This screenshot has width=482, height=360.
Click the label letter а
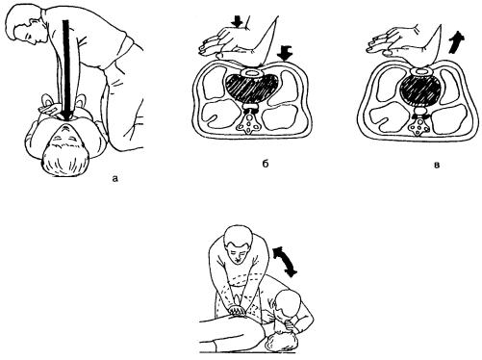click(115, 178)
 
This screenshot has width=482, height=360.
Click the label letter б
click(265, 164)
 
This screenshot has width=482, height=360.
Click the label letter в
click(436, 166)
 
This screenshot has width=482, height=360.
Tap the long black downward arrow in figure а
click(66, 70)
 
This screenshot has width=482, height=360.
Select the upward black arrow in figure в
click(456, 43)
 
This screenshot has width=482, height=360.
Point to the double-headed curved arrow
click(285, 261)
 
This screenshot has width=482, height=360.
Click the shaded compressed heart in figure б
click(251, 89)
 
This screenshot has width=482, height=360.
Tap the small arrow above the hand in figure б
click(238, 22)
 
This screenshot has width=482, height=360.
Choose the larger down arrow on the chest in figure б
click(285, 53)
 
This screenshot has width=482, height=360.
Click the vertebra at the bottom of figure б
click(249, 123)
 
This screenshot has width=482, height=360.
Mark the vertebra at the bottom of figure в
click(419, 127)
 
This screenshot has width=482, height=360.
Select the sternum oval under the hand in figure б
click(253, 72)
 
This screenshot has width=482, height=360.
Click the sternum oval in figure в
click(420, 72)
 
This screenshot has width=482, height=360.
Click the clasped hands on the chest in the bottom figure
click(238, 310)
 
